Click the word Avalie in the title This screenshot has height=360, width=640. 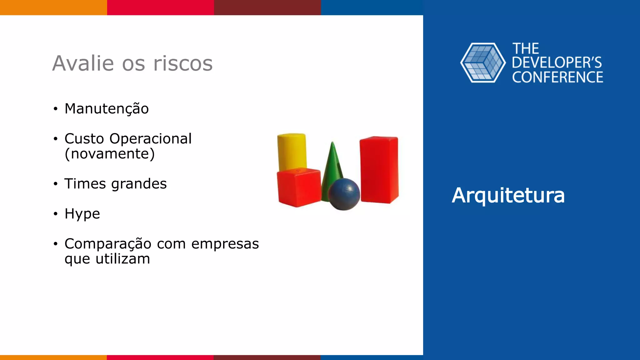tap(83, 63)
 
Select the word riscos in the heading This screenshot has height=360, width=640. tap(183, 63)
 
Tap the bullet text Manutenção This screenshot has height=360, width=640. tap(107, 109)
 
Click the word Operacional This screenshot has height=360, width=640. tap(150, 139)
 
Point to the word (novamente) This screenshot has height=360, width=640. tap(109, 154)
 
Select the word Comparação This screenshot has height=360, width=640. tap(108, 244)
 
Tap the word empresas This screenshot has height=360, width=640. tap(225, 244)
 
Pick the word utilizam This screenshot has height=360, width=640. tap(123, 259)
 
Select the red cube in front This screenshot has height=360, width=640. tap(299, 187)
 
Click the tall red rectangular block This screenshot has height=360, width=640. tap(379, 170)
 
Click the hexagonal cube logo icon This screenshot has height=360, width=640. tap(483, 63)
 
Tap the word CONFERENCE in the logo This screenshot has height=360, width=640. tap(557, 77)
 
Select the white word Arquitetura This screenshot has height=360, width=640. tap(508, 196)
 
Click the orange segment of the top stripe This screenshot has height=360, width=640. tap(53, 7)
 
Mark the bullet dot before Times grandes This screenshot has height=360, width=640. tap(56, 184)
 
